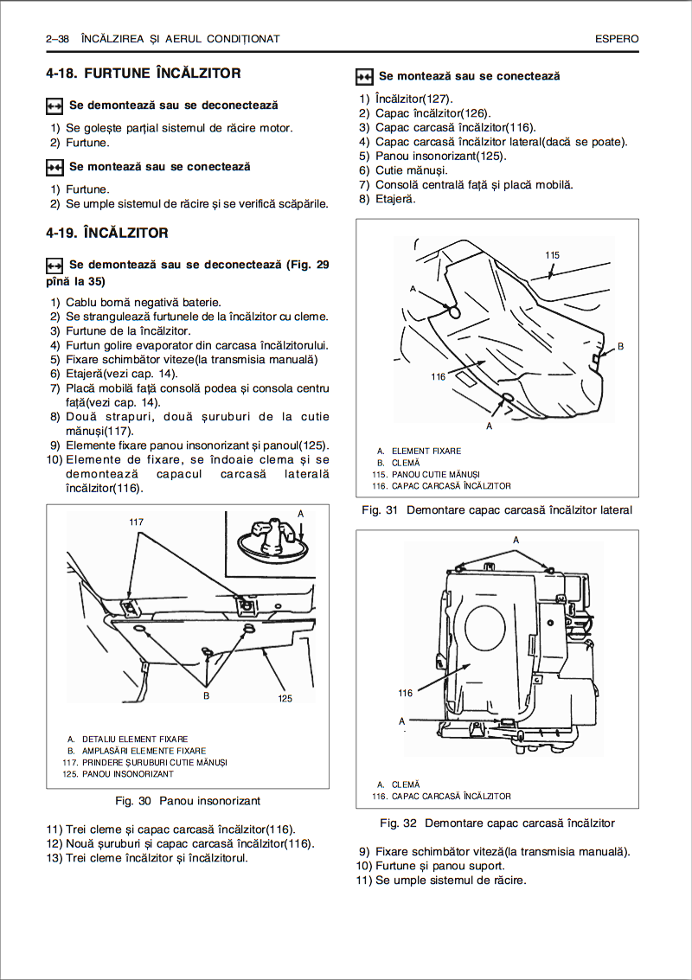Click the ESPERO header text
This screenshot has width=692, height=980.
(x=617, y=39)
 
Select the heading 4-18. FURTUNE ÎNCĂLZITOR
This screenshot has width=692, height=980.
(x=144, y=74)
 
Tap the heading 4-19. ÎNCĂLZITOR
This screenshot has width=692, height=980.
(x=107, y=234)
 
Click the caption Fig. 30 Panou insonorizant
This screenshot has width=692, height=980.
(x=188, y=801)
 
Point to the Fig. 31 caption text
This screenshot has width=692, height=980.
(x=497, y=510)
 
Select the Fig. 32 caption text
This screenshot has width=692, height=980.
(x=497, y=823)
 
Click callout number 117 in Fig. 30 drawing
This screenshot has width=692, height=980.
(x=136, y=522)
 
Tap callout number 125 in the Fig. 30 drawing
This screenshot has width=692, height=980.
(x=285, y=698)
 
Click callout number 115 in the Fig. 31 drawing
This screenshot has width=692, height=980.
(x=553, y=255)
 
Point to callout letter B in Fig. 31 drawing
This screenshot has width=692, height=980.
(x=620, y=346)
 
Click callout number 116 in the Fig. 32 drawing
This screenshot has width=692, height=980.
(x=405, y=693)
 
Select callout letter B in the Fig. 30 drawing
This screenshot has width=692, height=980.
(x=207, y=695)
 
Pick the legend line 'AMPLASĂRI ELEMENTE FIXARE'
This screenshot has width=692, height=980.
(x=144, y=751)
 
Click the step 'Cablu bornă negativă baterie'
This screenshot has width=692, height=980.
(x=143, y=303)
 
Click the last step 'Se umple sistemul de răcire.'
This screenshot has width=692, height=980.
(x=450, y=881)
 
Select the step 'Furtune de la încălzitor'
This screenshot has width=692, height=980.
(x=128, y=330)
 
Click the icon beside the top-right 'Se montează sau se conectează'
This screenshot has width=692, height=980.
(x=364, y=77)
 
